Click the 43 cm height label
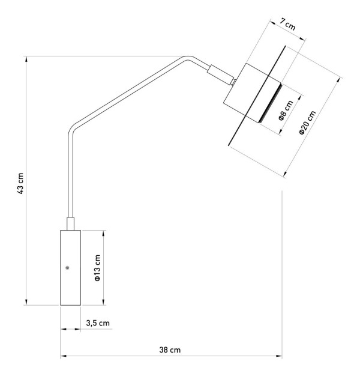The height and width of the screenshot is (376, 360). point(21,183)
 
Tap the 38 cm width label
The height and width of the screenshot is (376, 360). point(170,350)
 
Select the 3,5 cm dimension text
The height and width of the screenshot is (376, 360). point(98,323)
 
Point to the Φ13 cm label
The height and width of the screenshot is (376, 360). point(97,267)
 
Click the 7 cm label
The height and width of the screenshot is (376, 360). point(287,24)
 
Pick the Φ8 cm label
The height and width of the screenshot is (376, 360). point(286,111)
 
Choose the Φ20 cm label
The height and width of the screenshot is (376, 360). point(308,123)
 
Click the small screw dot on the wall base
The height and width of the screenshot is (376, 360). point(67,268)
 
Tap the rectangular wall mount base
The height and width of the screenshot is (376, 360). point(70,268)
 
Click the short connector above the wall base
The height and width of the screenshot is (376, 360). point(70,223)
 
